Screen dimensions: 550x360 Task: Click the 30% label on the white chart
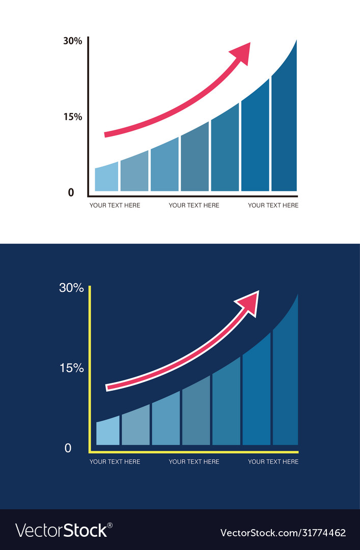coord(72,41)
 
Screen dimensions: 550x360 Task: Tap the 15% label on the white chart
coord(72,117)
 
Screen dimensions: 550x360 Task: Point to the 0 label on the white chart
coord(71,193)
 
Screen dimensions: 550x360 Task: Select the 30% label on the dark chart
coord(71,288)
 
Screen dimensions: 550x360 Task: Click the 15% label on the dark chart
coord(71,368)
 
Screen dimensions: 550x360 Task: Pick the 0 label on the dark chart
coord(68,449)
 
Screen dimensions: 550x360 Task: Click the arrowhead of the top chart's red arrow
coord(241,52)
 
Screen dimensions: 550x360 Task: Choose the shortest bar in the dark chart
coord(107,431)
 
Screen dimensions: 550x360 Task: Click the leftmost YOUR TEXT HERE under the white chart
coord(115,205)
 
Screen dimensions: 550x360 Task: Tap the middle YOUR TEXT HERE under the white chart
coord(194,205)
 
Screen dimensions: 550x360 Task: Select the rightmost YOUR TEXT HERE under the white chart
coord(273,205)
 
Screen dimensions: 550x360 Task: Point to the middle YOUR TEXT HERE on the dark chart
coord(194,462)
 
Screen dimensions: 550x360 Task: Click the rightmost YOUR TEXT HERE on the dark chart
coord(273,462)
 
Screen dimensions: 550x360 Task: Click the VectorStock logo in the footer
coord(64,531)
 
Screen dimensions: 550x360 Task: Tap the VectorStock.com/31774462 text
coord(283,533)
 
